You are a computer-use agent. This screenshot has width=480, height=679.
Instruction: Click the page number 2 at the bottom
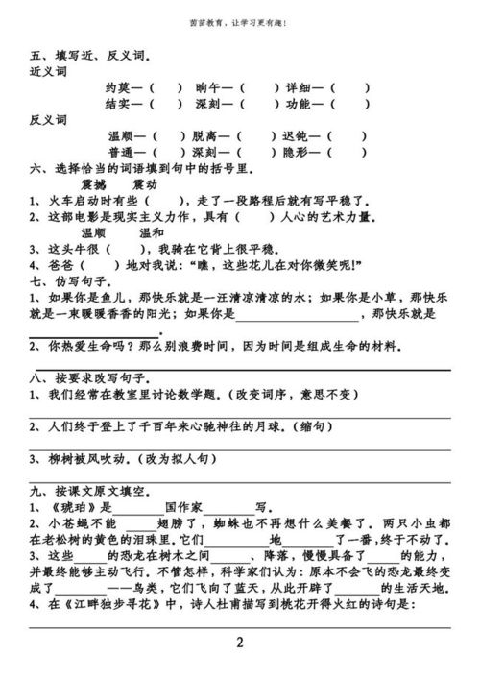[239, 642]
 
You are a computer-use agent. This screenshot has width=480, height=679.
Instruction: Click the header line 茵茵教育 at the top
[238, 21]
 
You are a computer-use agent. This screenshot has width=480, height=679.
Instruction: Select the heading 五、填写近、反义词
[79, 57]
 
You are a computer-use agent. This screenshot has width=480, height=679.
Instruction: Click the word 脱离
[206, 136]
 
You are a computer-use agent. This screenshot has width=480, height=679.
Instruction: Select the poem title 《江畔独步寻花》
[102, 604]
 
